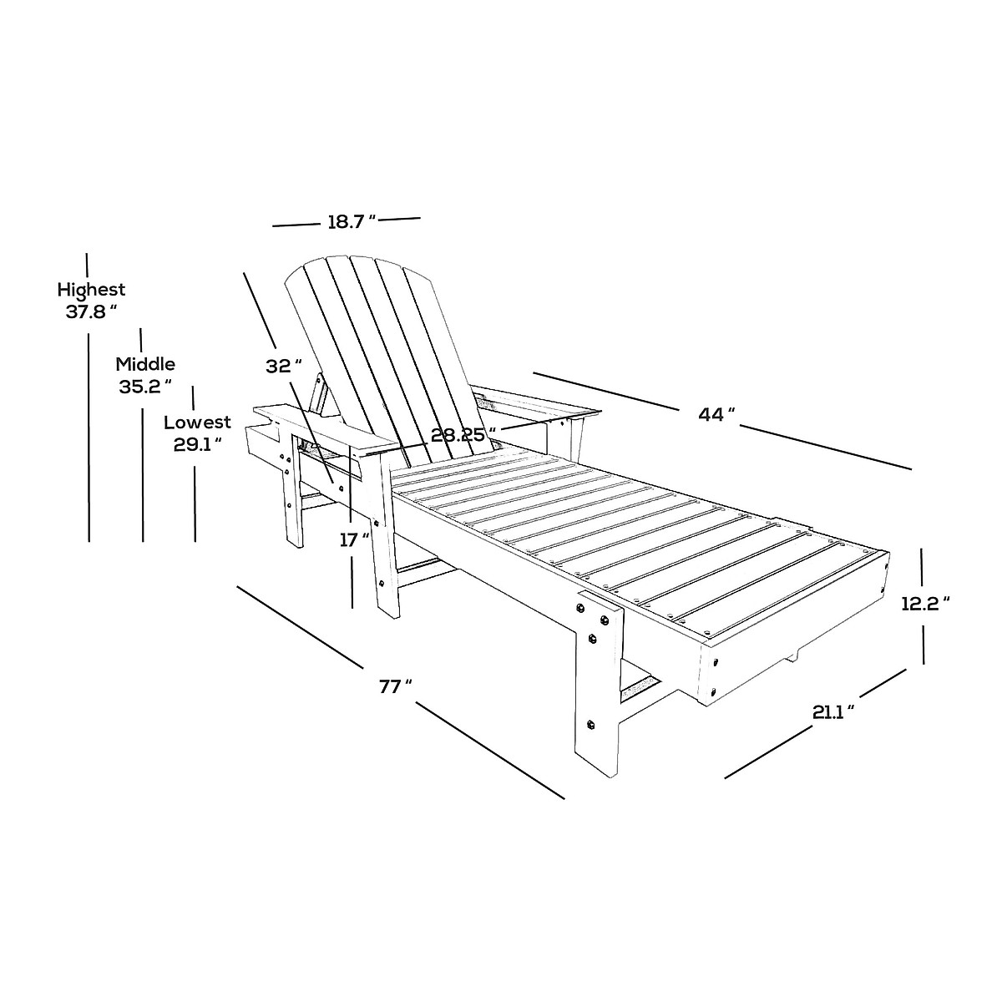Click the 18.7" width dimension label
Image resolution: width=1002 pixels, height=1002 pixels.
coord(351,222)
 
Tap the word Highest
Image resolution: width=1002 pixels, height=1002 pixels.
coord(91,290)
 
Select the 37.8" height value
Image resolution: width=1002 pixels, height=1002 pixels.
coord(90,312)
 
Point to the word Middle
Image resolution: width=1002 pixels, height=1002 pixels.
coord(145,364)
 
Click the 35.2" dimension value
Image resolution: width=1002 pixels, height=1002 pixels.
coord(145,386)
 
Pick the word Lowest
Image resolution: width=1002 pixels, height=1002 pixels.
coord(197,423)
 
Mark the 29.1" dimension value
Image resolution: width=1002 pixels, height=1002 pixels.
coord(197,444)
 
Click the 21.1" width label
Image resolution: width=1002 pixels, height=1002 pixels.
coord(832,711)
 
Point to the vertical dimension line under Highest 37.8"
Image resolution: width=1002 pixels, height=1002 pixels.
coord(89,434)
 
